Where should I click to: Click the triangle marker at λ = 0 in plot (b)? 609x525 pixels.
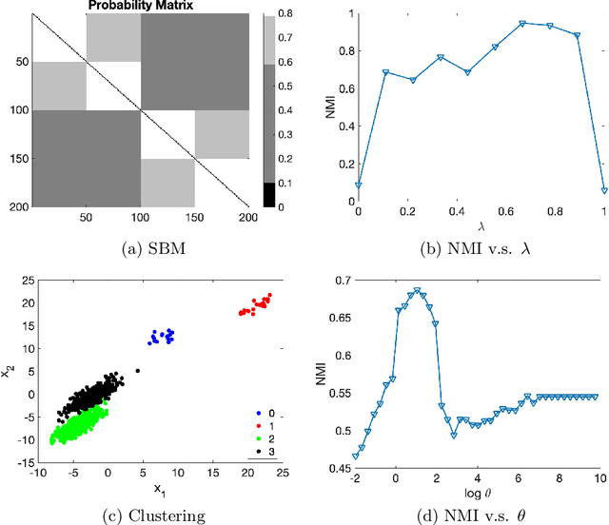point(358,186)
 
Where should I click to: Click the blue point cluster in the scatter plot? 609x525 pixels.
point(161,336)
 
